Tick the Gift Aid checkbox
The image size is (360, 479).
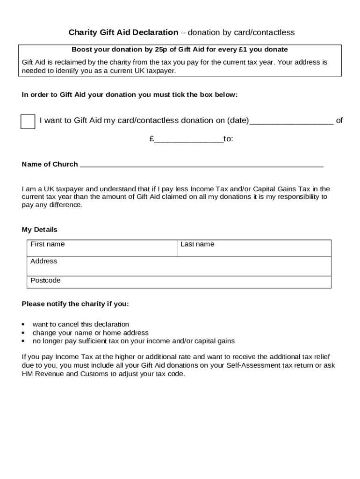tap(28, 121)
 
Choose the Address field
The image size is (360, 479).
tap(179, 266)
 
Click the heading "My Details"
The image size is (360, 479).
tap(40, 230)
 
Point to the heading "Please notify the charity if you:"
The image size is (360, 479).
tap(75, 304)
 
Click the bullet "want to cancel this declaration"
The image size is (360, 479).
tap(80, 324)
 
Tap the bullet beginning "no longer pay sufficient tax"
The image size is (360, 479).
tap(133, 341)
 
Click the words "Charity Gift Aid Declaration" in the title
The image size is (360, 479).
tap(123, 32)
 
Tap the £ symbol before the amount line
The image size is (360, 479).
tap(152, 139)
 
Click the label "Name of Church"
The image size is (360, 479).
tap(50, 164)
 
